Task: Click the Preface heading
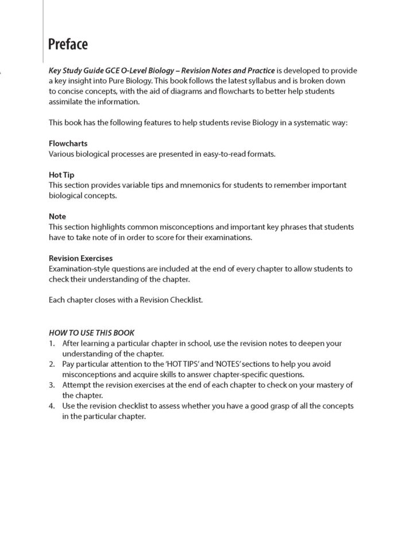(68, 44)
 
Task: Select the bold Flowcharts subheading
(68, 143)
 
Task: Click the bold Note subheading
(57, 216)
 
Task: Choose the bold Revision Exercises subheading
(80, 258)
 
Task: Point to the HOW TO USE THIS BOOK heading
(91, 332)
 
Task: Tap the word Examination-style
(80, 269)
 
